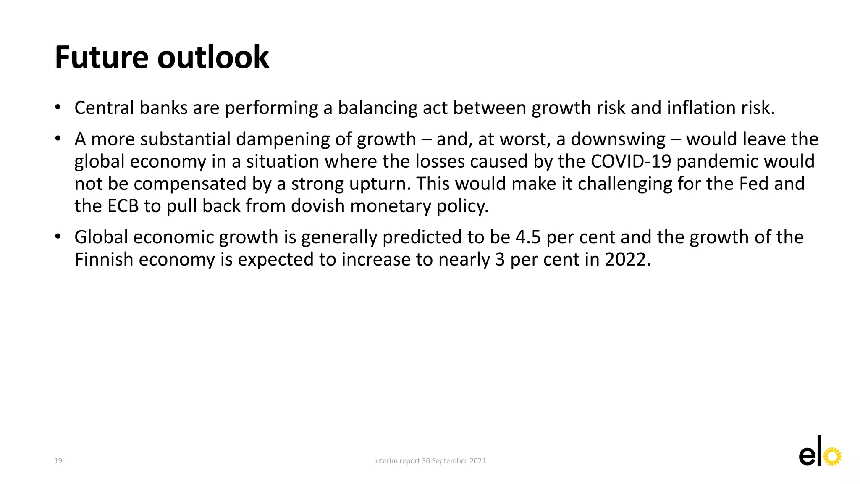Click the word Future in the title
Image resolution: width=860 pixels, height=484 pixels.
pyautogui.click(x=101, y=58)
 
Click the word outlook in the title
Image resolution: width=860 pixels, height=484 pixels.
pyautogui.click(x=213, y=58)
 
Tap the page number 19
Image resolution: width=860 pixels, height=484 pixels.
pyautogui.click(x=58, y=461)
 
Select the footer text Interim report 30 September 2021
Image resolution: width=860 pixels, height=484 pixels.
pyautogui.click(x=430, y=461)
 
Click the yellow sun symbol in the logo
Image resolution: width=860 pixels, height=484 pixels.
pyautogui.click(x=832, y=457)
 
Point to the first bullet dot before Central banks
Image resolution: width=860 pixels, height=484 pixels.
pyautogui.click(x=58, y=107)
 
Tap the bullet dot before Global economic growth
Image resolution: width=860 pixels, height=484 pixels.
pyautogui.click(x=58, y=237)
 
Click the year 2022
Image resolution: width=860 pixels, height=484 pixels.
pyautogui.click(x=627, y=260)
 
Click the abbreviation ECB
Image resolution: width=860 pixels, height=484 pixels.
pyautogui.click(x=123, y=206)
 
